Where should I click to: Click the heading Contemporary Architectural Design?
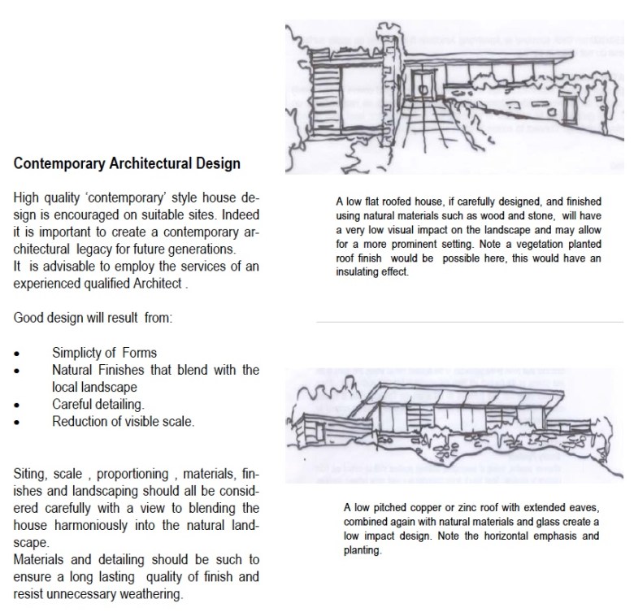[x=128, y=163]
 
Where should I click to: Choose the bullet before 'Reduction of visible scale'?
[x=18, y=422]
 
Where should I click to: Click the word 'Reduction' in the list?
[x=80, y=422]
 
